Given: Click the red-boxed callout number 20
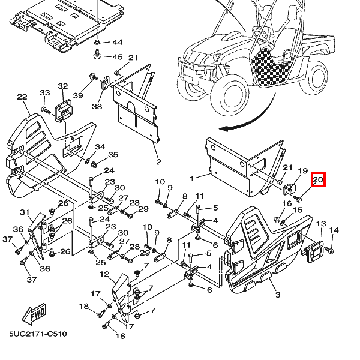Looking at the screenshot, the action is tap(318, 179).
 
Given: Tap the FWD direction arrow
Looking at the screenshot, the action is tap(34, 314).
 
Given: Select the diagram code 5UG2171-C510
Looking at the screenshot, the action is tap(38, 334).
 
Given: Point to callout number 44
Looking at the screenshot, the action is tap(118, 42).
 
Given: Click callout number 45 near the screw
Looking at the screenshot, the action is tap(118, 57).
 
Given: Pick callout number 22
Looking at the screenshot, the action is tap(22, 97).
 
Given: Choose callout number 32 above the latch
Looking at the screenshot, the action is tap(63, 86).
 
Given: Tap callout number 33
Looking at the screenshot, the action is tap(45, 93).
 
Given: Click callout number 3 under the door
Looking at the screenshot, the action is tap(278, 295).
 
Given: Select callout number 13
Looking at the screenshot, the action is tap(321, 223).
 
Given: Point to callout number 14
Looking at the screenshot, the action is tap(334, 230).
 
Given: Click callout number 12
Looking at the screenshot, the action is tap(104, 274).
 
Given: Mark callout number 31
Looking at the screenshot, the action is tap(25, 212).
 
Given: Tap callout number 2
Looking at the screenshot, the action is tap(158, 162).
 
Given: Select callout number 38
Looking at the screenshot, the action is tap(97, 106).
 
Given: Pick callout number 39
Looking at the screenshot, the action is tap(78, 95).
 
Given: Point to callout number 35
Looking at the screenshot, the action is tap(113, 155).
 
